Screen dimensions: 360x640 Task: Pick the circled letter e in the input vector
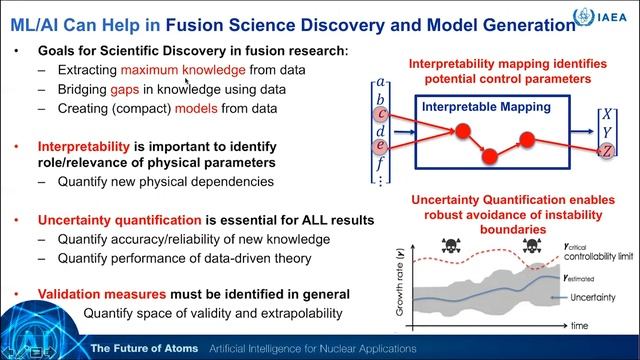tap(383, 147)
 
